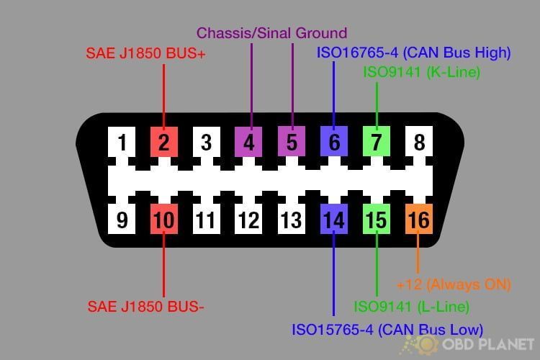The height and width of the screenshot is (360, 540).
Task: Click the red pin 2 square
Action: [164, 142]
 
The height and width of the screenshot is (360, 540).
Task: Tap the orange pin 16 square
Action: [419, 219]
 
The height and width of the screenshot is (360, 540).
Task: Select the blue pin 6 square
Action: [334, 141]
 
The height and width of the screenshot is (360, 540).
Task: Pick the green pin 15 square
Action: [377, 219]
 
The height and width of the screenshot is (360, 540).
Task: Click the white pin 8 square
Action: [419, 141]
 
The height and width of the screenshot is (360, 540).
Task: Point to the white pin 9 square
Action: [122, 219]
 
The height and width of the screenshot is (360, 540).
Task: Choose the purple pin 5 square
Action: [292, 141]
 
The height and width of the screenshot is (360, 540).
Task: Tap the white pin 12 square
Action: [248, 219]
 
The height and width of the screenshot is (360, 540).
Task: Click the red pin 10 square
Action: [164, 219]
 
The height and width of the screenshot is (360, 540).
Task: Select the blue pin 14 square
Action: [334, 219]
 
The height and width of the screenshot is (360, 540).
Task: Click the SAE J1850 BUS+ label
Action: [145, 53]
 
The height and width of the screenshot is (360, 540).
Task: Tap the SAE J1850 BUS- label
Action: [145, 307]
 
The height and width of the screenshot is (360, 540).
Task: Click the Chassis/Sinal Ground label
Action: [271, 33]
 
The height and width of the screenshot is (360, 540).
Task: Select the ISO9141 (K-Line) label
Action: [421, 72]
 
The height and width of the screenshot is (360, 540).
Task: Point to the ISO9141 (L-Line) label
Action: [412, 307]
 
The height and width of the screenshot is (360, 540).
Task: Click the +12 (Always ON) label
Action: [454, 284]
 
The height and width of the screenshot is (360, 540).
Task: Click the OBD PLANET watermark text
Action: [488, 344]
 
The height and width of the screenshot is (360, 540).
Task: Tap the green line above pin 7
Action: [377, 104]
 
